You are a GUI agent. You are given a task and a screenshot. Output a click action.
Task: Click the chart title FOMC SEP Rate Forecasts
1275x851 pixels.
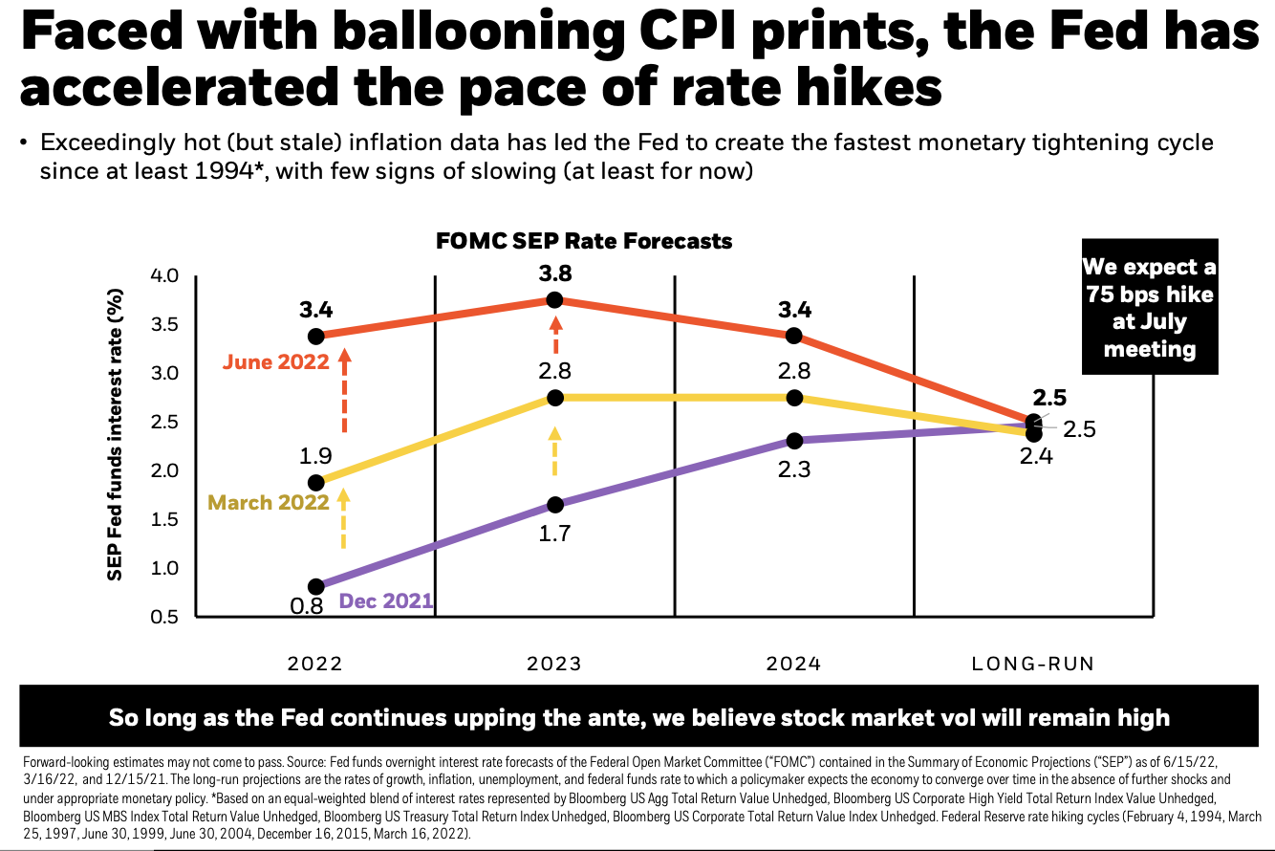[x=584, y=241]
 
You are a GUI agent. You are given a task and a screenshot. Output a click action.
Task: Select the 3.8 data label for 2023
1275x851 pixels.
[x=554, y=273]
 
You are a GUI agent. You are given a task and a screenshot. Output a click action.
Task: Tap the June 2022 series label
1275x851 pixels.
[x=276, y=362]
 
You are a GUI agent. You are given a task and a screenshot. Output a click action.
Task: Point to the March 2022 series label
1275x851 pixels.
[x=269, y=502]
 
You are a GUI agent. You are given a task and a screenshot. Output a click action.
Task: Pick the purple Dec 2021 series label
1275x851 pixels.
[x=386, y=601]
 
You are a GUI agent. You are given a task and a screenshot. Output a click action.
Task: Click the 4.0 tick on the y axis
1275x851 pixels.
[x=165, y=276]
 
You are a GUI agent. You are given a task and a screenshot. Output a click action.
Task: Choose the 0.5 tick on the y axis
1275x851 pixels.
[x=165, y=617]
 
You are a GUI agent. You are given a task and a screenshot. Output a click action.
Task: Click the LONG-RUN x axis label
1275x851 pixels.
[x=1032, y=664]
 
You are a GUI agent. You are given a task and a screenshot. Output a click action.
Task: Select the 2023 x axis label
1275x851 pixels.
[x=554, y=664]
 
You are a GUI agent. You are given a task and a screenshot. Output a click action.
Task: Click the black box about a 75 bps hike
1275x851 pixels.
[x=1150, y=308]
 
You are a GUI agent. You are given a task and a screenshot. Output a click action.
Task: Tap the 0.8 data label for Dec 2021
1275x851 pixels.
[x=307, y=605]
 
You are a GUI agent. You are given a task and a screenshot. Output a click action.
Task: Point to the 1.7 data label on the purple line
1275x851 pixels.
[x=554, y=534]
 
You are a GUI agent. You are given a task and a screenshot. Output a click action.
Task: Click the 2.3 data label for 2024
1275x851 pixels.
[x=793, y=469]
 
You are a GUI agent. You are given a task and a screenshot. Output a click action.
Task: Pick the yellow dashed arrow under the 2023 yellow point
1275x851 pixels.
[x=554, y=451]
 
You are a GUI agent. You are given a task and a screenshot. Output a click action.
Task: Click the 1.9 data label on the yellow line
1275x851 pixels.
[x=316, y=456]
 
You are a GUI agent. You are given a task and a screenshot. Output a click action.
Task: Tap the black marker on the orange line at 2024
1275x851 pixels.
[x=793, y=336]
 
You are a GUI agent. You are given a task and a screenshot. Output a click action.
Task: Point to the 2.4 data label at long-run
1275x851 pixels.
[x=1036, y=457]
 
